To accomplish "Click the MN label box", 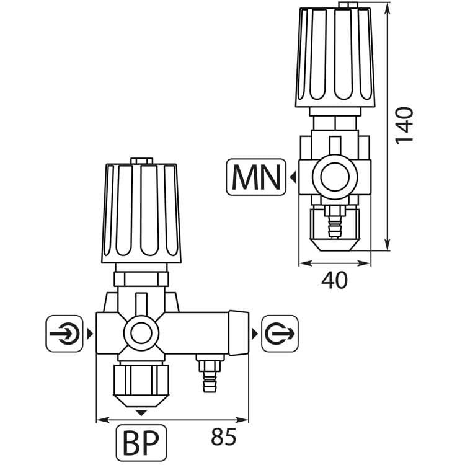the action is (256, 177).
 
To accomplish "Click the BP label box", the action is (141, 443).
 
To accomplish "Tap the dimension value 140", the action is (404, 125).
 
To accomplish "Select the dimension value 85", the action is (224, 436).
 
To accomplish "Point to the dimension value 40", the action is (334, 280).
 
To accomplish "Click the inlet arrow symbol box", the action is (64, 334).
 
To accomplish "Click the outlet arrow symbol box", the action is (280, 334).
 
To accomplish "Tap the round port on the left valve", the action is (141, 333).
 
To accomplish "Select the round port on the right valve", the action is (335, 177).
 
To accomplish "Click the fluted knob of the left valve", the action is (141, 213).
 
